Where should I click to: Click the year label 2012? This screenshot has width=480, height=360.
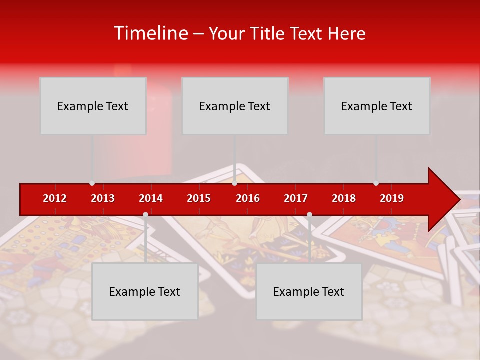pyautogui.click(x=55, y=198)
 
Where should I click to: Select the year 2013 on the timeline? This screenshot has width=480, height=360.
pyautogui.click(x=103, y=198)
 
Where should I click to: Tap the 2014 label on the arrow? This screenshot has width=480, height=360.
pyautogui.click(x=151, y=198)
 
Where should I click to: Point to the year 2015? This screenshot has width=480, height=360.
pyautogui.click(x=199, y=198)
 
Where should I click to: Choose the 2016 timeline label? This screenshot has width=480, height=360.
pyautogui.click(x=248, y=198)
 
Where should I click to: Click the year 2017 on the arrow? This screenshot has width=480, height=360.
pyautogui.click(x=296, y=198)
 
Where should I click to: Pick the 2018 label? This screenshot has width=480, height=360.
pyautogui.click(x=344, y=198)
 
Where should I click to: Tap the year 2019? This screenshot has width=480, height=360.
pyautogui.click(x=392, y=198)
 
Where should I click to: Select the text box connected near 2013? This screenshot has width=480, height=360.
pyautogui.click(x=93, y=106)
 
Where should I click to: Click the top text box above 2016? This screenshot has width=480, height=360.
pyautogui.click(x=235, y=106)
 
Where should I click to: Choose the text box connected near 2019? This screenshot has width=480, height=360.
pyautogui.click(x=377, y=106)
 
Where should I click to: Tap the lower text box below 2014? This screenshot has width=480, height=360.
pyautogui.click(x=145, y=291)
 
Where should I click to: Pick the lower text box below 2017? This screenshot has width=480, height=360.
pyautogui.click(x=309, y=291)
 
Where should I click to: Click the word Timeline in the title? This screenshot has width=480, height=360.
pyautogui.click(x=150, y=33)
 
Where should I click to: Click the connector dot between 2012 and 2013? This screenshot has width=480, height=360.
pyautogui.click(x=92, y=183)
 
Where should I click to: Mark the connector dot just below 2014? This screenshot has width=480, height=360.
pyautogui.click(x=145, y=215)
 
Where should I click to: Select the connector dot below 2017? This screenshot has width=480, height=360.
pyautogui.click(x=309, y=215)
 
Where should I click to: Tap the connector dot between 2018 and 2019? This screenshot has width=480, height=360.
pyautogui.click(x=376, y=183)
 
